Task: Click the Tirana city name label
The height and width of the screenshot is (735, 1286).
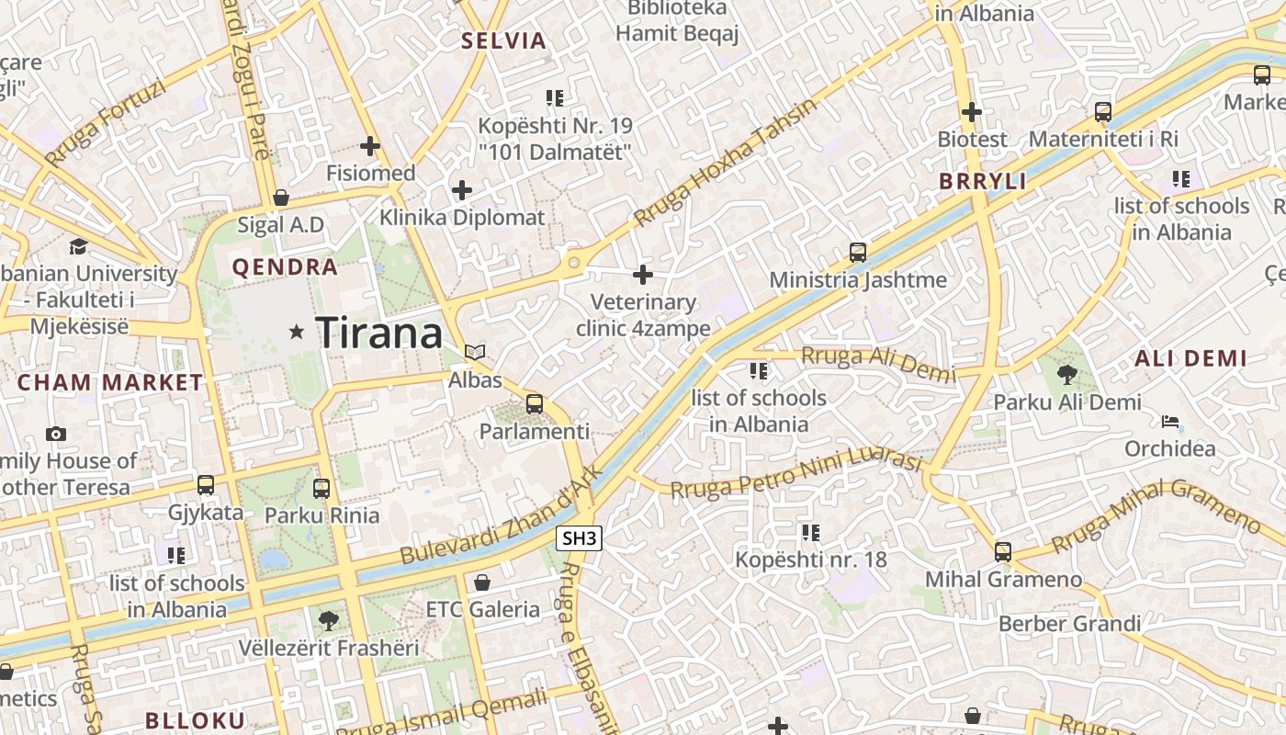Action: (x=378, y=332)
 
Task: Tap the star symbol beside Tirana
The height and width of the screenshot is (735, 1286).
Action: (x=296, y=332)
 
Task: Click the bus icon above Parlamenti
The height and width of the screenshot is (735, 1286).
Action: (x=534, y=403)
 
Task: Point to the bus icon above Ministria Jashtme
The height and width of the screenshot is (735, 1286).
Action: (x=857, y=252)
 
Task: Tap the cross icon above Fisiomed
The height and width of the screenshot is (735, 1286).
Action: (x=370, y=145)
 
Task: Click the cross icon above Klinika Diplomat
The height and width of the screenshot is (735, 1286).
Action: (x=462, y=190)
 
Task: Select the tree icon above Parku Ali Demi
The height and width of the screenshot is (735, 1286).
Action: (x=1066, y=374)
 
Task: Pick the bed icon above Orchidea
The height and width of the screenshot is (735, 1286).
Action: (x=1170, y=422)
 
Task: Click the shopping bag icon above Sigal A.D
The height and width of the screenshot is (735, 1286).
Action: (x=281, y=198)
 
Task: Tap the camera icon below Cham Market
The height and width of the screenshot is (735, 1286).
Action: (x=56, y=434)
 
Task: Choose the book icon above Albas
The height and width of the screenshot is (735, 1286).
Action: (x=475, y=352)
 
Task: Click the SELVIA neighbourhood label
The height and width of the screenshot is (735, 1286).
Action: (x=503, y=40)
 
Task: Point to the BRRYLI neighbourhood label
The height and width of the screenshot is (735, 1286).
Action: (x=982, y=181)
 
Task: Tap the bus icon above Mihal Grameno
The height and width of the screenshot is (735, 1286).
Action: (x=1003, y=552)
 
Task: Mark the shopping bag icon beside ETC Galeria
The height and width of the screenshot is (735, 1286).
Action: (x=481, y=582)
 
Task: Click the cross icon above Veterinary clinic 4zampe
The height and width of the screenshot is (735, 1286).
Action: (x=643, y=274)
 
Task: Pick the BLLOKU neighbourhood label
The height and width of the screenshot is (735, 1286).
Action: (x=196, y=720)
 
